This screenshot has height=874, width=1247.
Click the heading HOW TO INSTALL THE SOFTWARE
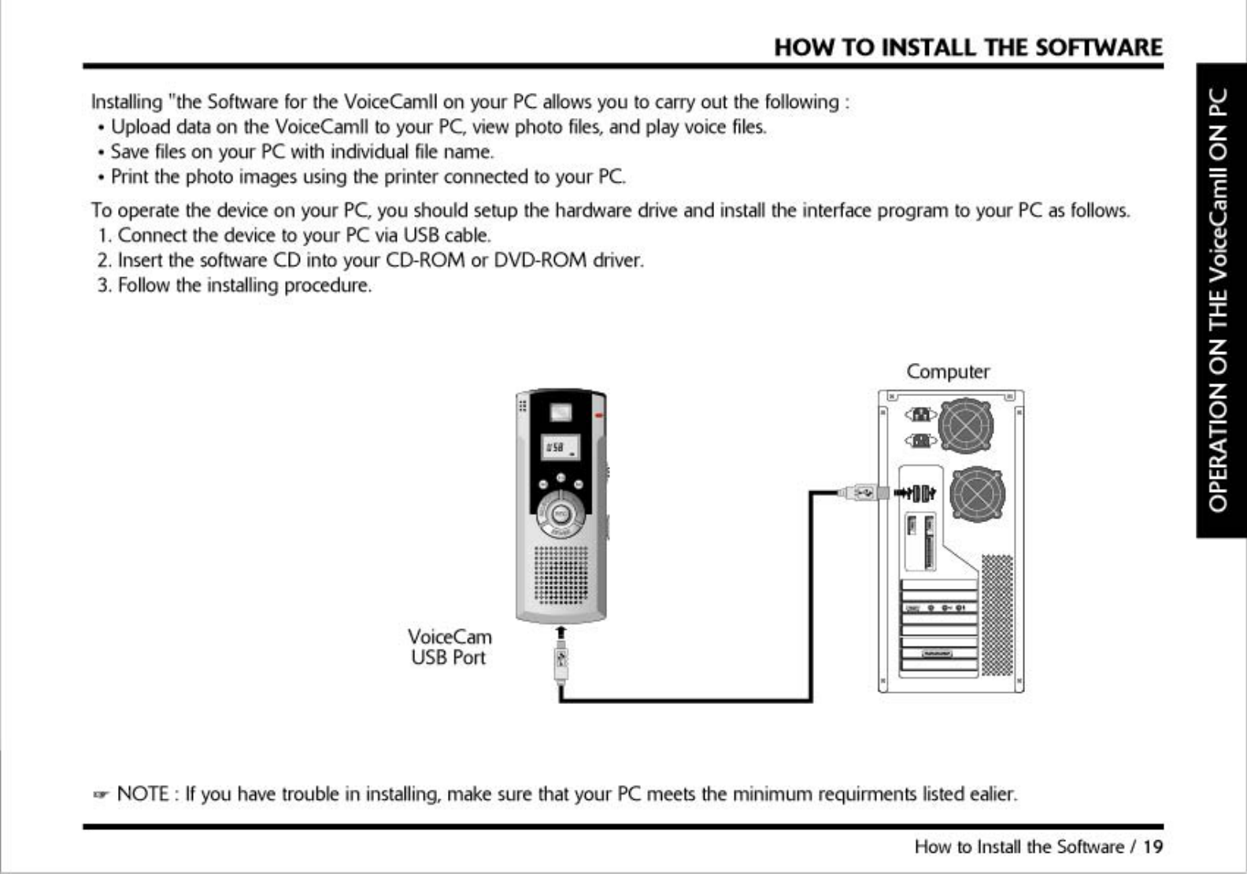tap(968, 47)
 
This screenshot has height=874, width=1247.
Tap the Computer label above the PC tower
tap(948, 371)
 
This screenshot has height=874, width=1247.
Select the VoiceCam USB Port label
tap(449, 646)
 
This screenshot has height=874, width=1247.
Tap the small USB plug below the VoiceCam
tap(561, 665)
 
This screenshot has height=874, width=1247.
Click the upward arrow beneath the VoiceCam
tap(561, 633)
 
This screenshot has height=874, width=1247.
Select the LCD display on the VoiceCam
tap(561, 447)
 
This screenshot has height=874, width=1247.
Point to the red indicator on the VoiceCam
tap(600, 414)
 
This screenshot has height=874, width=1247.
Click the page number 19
tap(1153, 846)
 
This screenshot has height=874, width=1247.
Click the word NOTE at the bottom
tap(142, 793)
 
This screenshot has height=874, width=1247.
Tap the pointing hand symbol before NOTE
tap(100, 794)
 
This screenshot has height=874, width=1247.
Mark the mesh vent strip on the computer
tap(997, 614)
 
